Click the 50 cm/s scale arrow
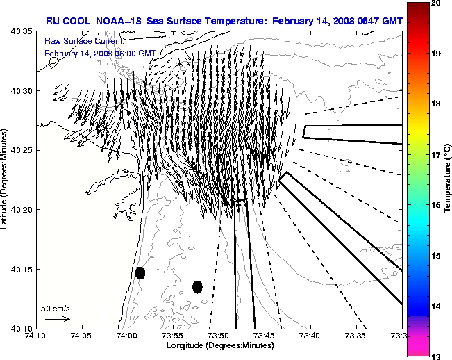point(58,319)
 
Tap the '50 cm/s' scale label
point(55,308)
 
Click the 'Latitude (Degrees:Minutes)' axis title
point(5,179)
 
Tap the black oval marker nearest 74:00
point(140,272)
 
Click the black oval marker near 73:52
point(197,286)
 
